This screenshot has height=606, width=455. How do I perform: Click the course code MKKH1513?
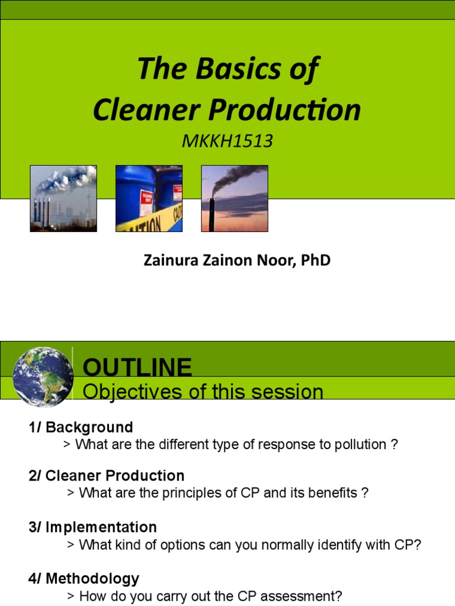227,141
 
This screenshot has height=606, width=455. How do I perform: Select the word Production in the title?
295,110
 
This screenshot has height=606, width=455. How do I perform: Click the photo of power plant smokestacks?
63,198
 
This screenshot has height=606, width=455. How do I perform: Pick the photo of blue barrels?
149,198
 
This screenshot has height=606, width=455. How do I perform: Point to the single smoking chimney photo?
235,198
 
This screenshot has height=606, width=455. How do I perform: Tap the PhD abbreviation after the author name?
315,260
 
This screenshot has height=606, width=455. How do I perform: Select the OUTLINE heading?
137,368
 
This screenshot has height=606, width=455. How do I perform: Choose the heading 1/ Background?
81,427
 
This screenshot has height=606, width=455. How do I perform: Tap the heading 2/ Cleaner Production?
106,476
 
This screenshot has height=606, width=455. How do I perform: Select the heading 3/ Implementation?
92,527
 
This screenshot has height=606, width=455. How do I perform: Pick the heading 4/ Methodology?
84,579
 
